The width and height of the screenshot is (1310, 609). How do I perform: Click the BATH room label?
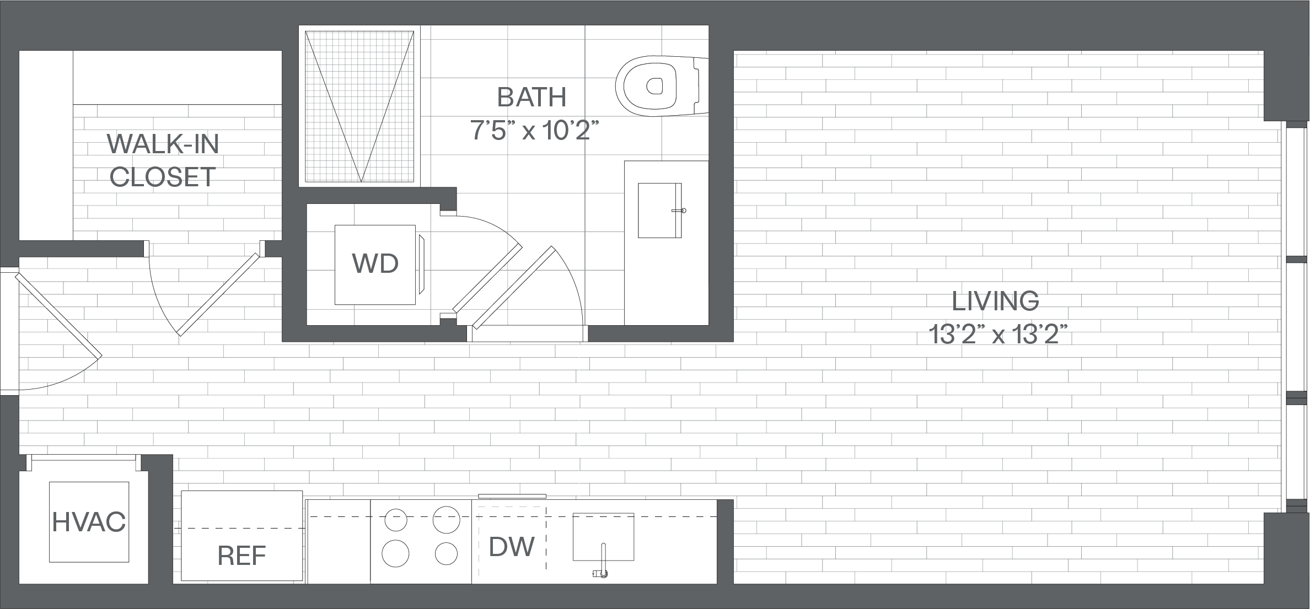(x=531, y=97)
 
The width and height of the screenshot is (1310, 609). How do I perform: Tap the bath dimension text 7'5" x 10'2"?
(x=534, y=131)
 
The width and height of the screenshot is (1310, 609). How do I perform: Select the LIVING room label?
(x=996, y=301)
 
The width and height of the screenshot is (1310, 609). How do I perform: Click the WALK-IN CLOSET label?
(x=163, y=160)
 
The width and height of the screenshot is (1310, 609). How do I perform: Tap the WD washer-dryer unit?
(x=375, y=265)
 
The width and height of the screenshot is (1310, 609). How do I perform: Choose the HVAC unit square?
(x=89, y=522)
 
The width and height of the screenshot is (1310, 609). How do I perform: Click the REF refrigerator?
(x=242, y=535)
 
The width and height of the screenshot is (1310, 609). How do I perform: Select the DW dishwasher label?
(x=512, y=547)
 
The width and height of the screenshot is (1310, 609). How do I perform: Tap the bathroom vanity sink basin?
(x=660, y=211)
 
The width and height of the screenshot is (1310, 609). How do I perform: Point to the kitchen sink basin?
(x=603, y=537)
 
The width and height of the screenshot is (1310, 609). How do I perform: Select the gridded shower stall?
(x=359, y=106)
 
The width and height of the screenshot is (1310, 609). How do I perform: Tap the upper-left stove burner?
(x=395, y=520)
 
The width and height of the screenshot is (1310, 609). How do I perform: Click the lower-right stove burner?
(x=446, y=554)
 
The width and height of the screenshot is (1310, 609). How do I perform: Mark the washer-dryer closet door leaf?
(x=487, y=279)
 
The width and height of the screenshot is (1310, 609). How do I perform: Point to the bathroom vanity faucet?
(x=679, y=211)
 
